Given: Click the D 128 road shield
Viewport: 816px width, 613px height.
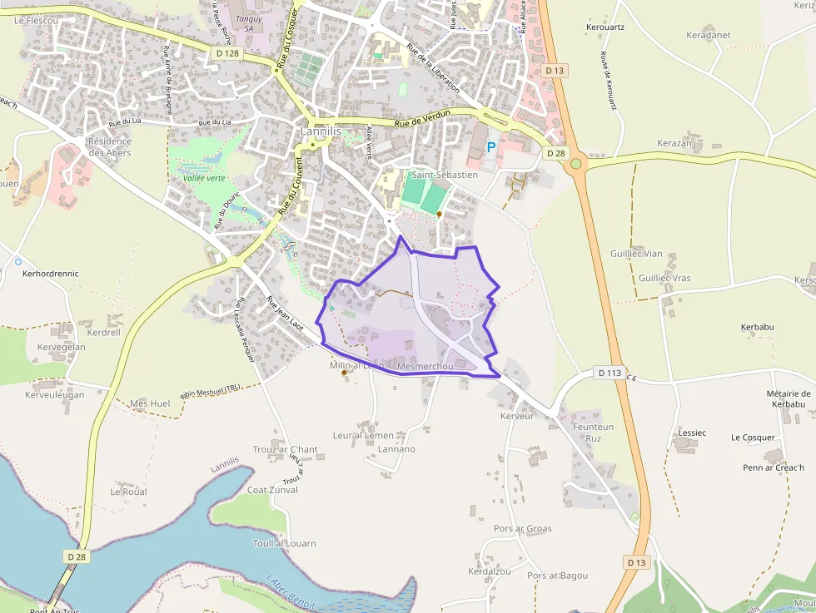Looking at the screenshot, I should tap(226, 53).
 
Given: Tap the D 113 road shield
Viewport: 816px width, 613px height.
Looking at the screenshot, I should tap(610, 373).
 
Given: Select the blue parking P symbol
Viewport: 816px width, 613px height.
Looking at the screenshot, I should tap(491, 146).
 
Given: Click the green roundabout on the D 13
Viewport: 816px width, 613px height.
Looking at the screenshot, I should tap(576, 164).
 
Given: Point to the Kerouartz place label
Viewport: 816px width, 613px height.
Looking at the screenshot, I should tap(605, 27).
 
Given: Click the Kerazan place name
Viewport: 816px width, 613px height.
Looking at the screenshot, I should tap(674, 143).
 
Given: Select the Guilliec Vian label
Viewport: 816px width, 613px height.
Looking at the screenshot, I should tap(636, 254).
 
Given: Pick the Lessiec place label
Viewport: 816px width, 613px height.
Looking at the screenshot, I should tap(692, 433).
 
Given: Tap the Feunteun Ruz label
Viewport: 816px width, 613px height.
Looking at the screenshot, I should tap(593, 433).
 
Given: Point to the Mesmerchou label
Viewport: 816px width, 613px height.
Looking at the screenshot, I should tap(425, 366).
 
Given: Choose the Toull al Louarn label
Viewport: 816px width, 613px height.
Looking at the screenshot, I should tap(285, 543).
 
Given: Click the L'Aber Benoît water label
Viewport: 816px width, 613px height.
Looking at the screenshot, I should tap(291, 591).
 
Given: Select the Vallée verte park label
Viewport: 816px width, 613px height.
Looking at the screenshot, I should tap(204, 178).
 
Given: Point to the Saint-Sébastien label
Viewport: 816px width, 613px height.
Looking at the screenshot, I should tap(445, 175).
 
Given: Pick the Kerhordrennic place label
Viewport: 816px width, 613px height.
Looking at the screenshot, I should tap(51, 273).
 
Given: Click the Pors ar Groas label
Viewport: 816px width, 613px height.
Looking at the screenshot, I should tap(522, 528).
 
